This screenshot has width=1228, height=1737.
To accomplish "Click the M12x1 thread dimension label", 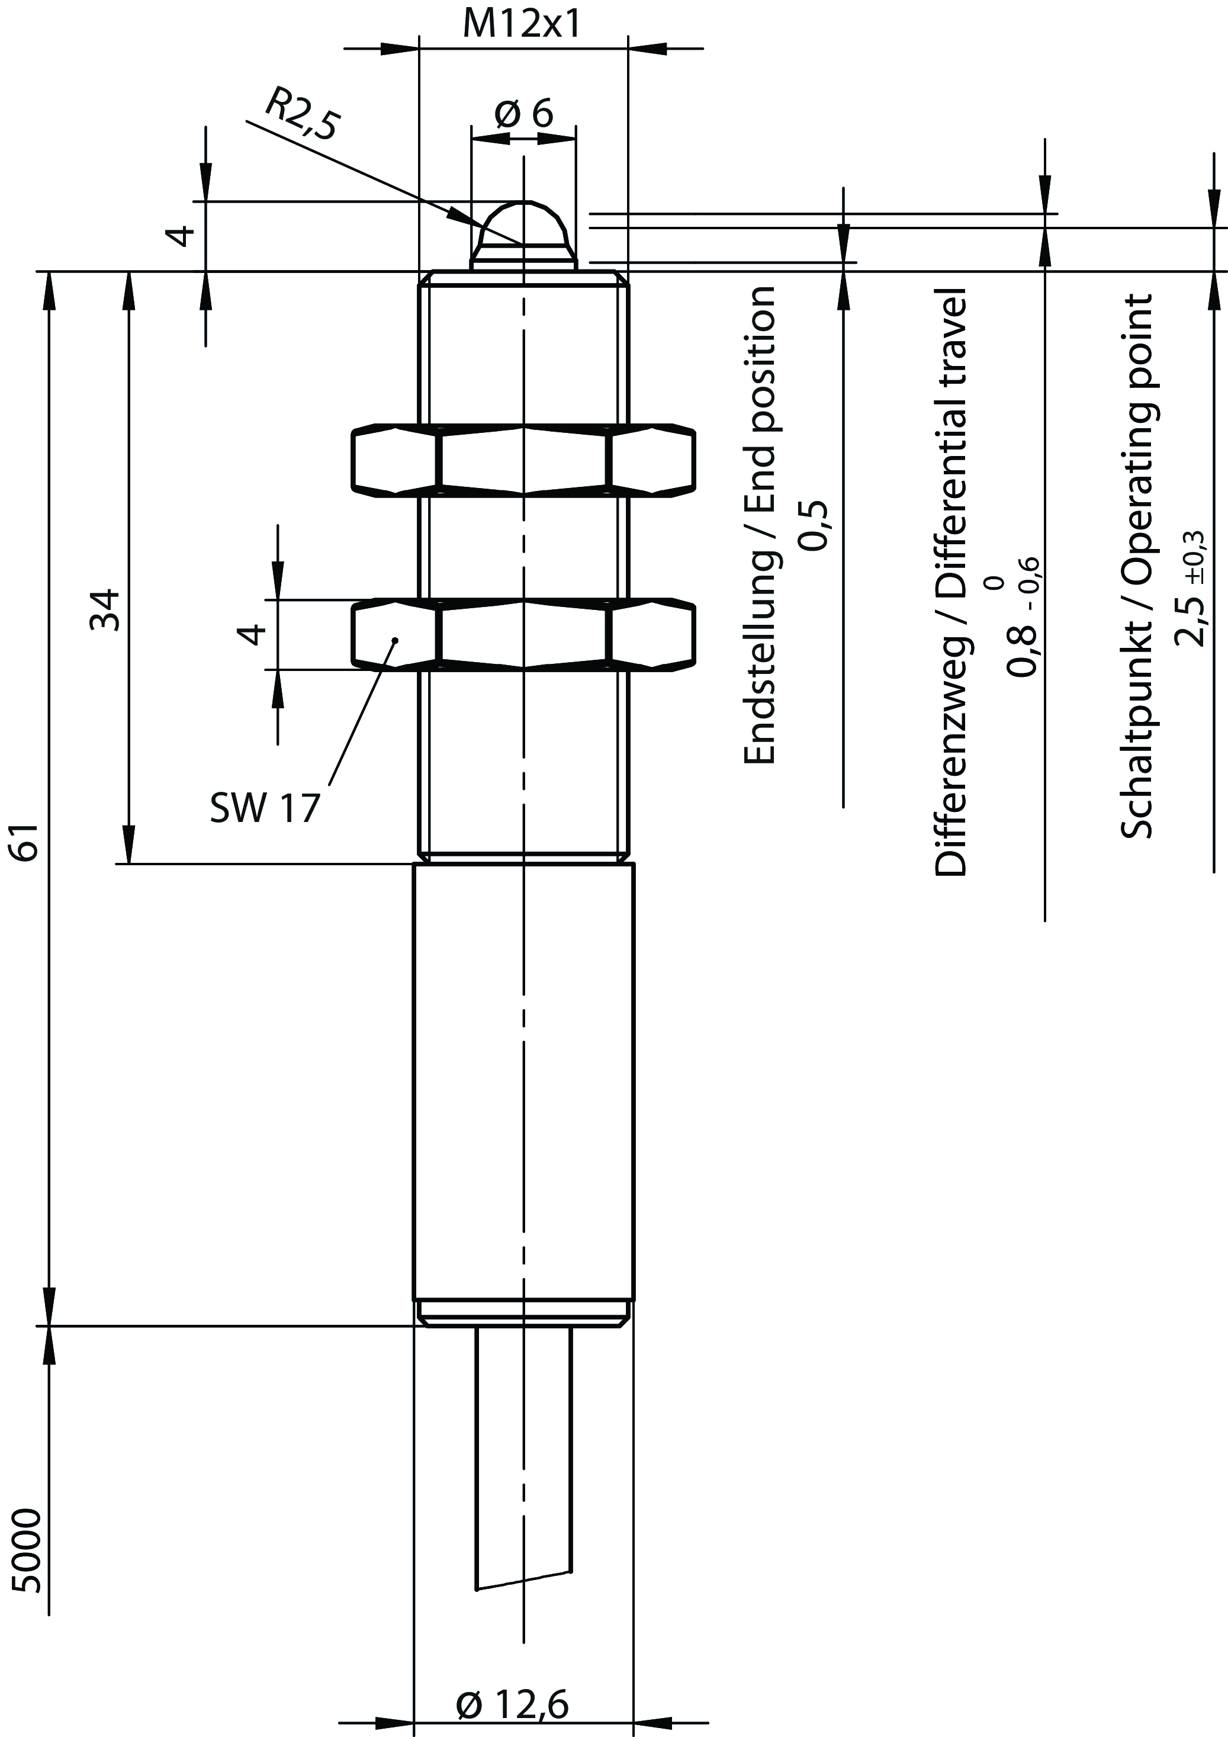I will click(522, 24).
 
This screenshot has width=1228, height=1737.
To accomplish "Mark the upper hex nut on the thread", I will click(523, 459).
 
